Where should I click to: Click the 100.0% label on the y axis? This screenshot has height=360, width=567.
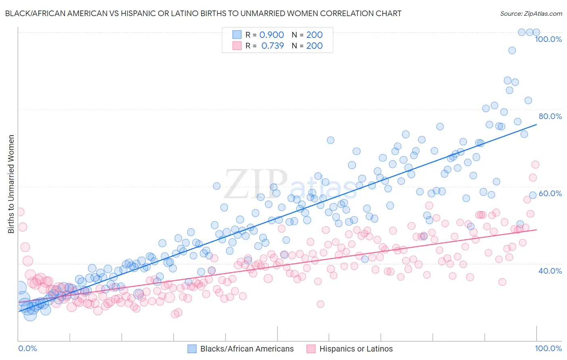click(548, 39)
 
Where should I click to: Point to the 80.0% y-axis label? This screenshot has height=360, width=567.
click(550, 116)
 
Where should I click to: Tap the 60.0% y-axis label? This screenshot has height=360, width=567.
click(550, 193)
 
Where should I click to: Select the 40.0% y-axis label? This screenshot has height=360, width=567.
click(550, 271)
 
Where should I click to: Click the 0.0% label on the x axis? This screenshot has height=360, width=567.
click(27, 348)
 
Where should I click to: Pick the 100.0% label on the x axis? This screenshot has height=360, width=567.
click(548, 348)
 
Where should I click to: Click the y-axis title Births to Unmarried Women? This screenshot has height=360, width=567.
click(11, 184)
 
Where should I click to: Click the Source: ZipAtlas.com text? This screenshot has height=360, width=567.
click(531, 13)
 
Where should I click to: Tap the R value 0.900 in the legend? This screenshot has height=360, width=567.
click(271, 35)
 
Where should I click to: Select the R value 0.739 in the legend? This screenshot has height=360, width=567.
click(273, 46)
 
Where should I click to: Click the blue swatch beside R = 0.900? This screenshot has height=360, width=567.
click(236, 35)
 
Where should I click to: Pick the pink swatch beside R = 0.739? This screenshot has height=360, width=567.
click(236, 46)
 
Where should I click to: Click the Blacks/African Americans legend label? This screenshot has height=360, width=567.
click(247, 349)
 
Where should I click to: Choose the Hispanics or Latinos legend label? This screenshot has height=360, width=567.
click(356, 349)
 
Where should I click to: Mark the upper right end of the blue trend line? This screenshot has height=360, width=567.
click(536, 125)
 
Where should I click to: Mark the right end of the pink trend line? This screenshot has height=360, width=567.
click(536, 230)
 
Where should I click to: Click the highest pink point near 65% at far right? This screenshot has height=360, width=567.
click(535, 164)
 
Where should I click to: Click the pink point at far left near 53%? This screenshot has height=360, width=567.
click(20, 212)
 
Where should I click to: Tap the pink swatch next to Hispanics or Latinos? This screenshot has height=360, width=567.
click(311, 349)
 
